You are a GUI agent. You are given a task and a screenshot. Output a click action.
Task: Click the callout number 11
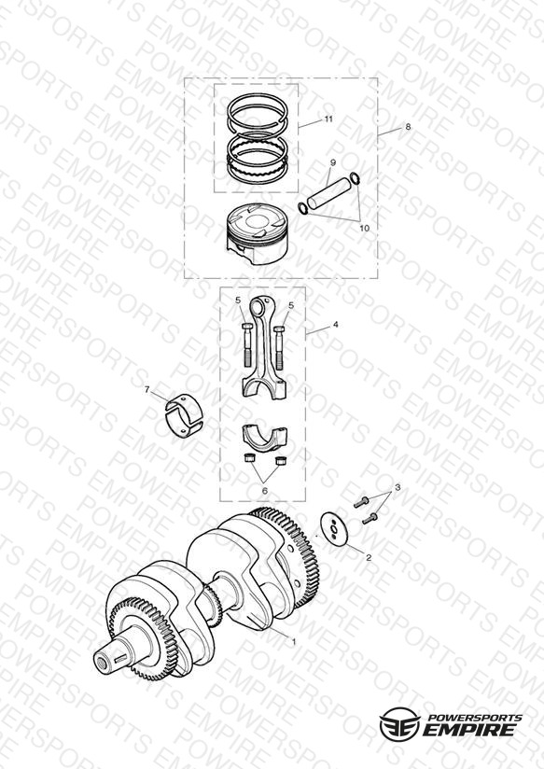click(x=328, y=119)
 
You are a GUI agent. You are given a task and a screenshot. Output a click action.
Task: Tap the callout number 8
click(x=408, y=127)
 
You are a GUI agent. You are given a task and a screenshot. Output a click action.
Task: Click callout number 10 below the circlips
click(x=365, y=228)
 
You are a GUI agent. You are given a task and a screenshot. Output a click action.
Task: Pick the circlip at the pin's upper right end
click(x=356, y=179)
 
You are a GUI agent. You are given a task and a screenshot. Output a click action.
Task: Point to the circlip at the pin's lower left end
click(x=303, y=208)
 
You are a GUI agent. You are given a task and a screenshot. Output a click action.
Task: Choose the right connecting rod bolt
click(x=280, y=347)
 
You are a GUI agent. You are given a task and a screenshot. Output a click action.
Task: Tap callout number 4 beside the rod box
click(x=336, y=324)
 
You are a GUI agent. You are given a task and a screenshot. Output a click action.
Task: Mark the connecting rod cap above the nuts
click(x=264, y=436)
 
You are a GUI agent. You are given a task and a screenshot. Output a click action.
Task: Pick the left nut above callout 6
click(x=248, y=458)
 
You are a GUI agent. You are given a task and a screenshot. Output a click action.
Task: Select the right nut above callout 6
click(x=281, y=460)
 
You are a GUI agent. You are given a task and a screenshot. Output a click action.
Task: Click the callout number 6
click(x=264, y=491)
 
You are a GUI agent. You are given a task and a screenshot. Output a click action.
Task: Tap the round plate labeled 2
click(x=334, y=528)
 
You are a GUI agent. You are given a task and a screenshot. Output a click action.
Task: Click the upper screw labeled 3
click(x=361, y=502)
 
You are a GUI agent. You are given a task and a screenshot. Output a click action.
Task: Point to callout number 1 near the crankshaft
click(x=294, y=641)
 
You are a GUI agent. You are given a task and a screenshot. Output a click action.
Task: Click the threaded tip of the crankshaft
click(x=104, y=661)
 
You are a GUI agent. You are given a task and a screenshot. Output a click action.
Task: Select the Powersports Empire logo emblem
click(x=399, y=724)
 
